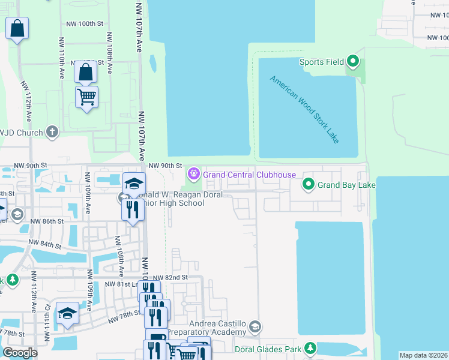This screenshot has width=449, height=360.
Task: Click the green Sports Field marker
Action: coord(353,61)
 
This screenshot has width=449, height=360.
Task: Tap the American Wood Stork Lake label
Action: coord(304,109)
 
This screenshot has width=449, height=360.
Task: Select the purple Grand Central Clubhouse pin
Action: coord(193,175)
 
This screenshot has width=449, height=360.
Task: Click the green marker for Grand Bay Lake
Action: coord(309,184)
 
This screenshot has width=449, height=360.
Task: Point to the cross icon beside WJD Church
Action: coord(52,132)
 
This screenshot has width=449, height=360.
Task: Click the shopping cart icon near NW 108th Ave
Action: coord(86,96)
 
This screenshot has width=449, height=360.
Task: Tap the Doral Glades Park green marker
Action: coord(310,348)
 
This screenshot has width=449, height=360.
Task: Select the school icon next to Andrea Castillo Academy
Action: coord(255,327)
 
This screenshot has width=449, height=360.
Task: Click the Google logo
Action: coord(20,353)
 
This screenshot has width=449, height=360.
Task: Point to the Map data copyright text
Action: coord(423,355)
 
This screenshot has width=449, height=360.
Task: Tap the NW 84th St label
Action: coord(44,245)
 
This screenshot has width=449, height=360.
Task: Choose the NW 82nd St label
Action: coord(170,278)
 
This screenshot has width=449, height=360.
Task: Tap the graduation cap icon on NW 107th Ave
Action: coord(134,183)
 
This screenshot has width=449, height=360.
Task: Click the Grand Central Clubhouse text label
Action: coord(249,175)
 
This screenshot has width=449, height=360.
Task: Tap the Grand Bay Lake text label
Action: coord(346,185)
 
